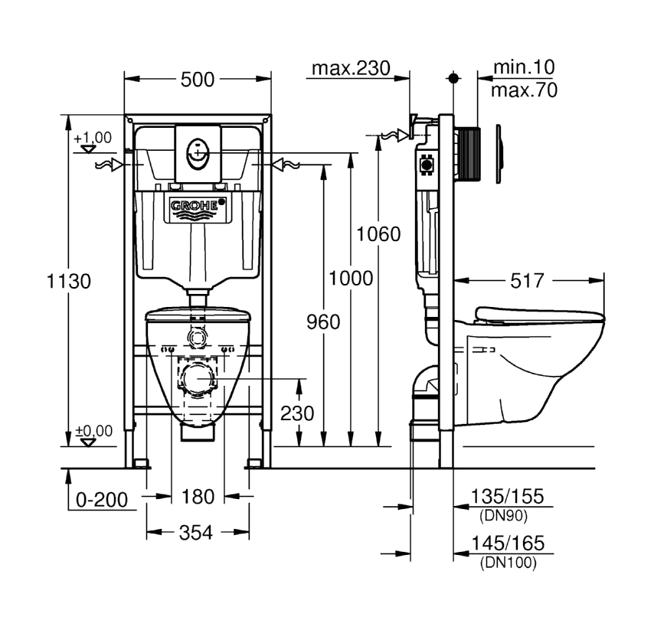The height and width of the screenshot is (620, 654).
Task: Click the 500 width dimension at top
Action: coord(198,80)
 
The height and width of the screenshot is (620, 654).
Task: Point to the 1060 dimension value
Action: coord(379,233)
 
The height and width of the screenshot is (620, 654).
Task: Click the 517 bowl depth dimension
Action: coord(528,281)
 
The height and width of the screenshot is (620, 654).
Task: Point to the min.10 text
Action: coord(524,68)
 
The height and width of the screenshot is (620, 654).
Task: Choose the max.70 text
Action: coord(524,90)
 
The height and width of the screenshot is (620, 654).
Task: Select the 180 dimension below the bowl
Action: coord(198,497)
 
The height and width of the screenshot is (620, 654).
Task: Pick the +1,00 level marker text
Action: coord(93,138)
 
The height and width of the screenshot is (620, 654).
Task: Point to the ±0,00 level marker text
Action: coord(93,431)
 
